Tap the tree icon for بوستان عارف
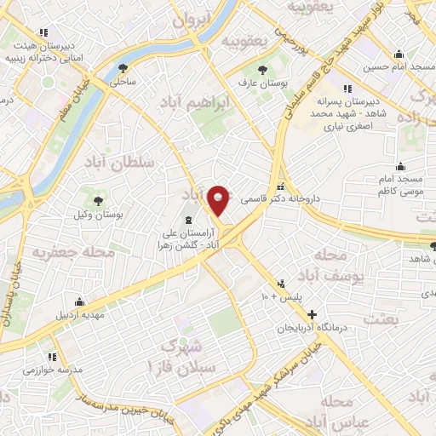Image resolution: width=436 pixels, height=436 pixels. pyautogui.click(x=261, y=71)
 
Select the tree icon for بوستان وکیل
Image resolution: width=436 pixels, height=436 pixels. pyautogui.click(x=100, y=201)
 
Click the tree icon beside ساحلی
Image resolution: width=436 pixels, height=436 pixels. pyautogui.click(x=124, y=68)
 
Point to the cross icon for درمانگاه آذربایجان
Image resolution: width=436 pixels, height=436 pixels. pyautogui.click(x=312, y=314)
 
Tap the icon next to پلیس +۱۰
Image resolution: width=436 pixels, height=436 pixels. pyautogui.click(x=281, y=284)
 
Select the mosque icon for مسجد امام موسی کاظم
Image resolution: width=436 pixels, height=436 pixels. pyautogui.click(x=400, y=167)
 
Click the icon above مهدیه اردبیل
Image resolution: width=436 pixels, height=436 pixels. pyautogui.click(x=80, y=301)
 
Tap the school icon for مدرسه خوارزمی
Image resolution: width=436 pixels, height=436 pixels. pyautogui.click(x=52, y=357)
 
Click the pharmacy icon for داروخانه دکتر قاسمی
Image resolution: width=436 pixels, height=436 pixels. pyautogui.click(x=281, y=187)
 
